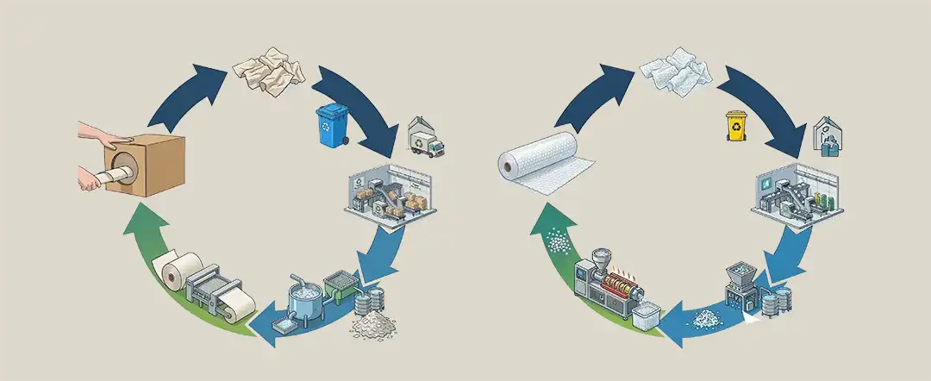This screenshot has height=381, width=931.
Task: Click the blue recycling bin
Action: pos(331,125)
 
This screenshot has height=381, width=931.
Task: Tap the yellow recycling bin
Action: pos(736,126)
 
